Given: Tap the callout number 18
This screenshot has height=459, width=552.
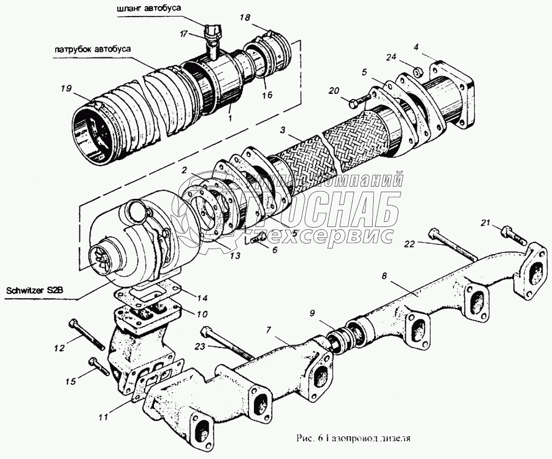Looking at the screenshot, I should click(245, 18).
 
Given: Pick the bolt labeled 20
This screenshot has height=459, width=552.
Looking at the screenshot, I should click(359, 101).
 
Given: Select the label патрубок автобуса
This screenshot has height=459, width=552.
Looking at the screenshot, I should click(92, 49).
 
